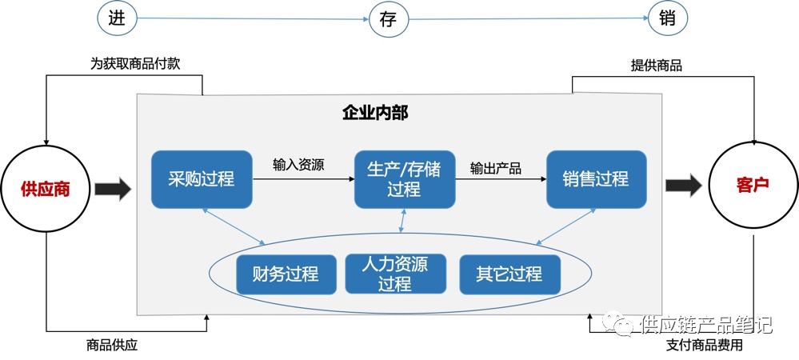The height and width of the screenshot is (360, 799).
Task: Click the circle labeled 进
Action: (x=115, y=18)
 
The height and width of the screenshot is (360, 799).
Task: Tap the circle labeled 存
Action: (x=388, y=18)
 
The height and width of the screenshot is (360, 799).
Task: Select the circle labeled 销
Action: (x=668, y=18)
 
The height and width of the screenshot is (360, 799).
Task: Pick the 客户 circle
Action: (x=752, y=185)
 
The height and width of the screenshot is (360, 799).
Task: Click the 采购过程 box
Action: (x=202, y=178)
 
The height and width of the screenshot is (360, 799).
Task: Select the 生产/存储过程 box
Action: (x=405, y=178)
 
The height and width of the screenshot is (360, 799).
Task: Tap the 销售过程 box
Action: (x=596, y=178)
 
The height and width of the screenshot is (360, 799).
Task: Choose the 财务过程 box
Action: (x=286, y=274)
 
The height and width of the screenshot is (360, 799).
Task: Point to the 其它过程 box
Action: (x=509, y=274)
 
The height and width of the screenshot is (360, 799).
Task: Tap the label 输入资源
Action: (x=298, y=165)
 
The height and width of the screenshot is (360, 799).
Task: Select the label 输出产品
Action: (x=496, y=168)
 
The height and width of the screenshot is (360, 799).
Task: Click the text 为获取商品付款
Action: (x=135, y=63)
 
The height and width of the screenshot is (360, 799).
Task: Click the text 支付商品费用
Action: (x=705, y=346)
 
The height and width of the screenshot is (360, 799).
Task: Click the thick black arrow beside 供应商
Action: (x=112, y=190)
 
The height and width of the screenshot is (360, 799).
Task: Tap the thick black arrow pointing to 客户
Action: (x=684, y=186)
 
